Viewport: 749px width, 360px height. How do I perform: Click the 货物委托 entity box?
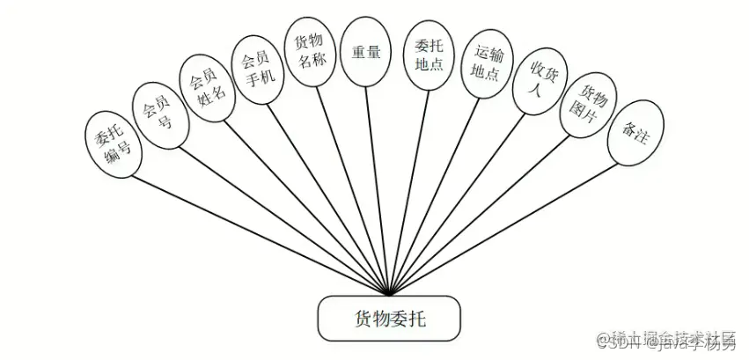[388, 318]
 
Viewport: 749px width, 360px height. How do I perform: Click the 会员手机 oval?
[257, 70]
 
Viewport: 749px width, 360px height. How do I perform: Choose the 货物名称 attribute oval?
[309, 54]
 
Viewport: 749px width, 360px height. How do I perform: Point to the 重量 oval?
[365, 52]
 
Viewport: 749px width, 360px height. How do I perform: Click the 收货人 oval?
[539, 85]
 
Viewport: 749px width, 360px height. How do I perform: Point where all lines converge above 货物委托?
[388, 294]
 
